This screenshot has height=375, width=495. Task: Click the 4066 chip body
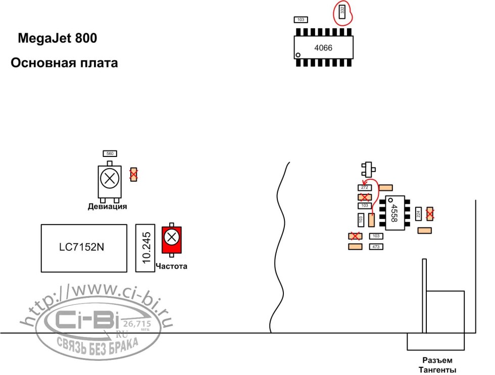(x=324, y=48)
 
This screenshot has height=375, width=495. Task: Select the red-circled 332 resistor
(x=342, y=11)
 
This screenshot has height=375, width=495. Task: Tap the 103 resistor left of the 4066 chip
(x=301, y=20)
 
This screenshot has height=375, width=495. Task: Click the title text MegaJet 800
(x=58, y=38)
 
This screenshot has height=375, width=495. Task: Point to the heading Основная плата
(x=64, y=63)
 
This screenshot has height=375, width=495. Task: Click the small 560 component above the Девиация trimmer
(x=110, y=153)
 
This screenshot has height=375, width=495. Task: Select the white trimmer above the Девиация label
(x=109, y=179)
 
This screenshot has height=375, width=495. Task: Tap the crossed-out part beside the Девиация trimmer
(x=134, y=175)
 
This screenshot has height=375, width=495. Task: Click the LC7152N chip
(x=83, y=248)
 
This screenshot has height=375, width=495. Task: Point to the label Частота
(x=172, y=266)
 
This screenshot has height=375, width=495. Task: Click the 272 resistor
(x=364, y=188)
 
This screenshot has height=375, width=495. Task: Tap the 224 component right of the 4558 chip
(x=418, y=214)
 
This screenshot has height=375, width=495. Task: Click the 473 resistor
(x=375, y=247)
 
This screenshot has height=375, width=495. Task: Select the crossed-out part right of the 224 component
(x=430, y=214)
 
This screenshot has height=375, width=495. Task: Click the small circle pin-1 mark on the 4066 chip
(x=299, y=55)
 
